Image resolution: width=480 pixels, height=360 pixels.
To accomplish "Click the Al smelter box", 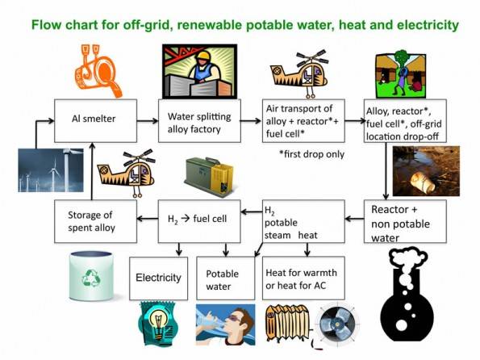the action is (95, 121).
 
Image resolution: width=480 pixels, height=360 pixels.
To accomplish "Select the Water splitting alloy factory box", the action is (199, 121).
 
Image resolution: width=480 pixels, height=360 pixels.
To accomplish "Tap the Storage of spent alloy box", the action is (95, 221).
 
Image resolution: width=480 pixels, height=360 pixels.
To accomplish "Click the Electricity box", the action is (159, 278).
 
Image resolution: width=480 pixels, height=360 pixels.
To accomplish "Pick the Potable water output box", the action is (226, 278).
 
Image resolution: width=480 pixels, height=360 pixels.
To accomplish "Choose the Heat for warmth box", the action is (303, 278).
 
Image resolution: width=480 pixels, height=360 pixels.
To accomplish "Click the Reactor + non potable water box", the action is (405, 221).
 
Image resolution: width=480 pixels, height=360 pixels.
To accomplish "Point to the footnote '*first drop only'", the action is (312, 154).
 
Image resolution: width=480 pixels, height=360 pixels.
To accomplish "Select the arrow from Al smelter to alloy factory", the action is (148, 121).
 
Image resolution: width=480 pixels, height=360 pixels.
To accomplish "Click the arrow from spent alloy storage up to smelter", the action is (92, 171).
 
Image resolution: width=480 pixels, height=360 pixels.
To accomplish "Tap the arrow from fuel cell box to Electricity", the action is (179, 249).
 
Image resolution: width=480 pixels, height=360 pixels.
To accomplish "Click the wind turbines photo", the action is (51, 170).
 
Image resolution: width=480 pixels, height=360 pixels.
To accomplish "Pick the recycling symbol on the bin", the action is (91, 278).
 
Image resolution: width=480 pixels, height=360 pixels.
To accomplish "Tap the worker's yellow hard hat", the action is (203, 56).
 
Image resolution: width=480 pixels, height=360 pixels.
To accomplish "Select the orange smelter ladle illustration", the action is (98, 70).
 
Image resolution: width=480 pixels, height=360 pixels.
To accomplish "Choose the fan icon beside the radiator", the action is (337, 324).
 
